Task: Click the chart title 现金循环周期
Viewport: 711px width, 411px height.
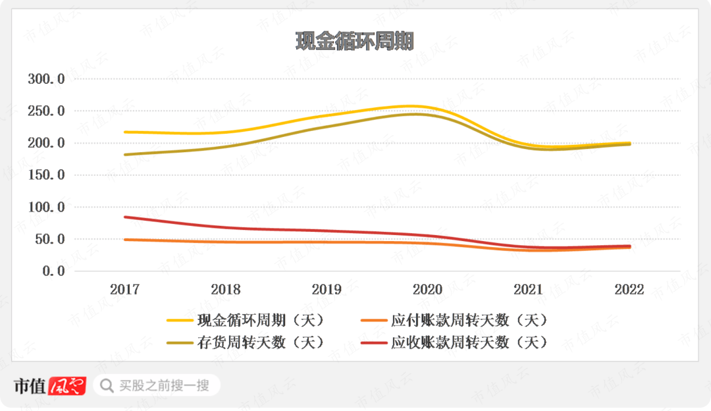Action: pyautogui.click(x=354, y=41)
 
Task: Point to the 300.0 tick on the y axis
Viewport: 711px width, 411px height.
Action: pyautogui.click(x=46, y=79)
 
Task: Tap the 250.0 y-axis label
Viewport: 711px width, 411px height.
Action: pyautogui.click(x=46, y=111)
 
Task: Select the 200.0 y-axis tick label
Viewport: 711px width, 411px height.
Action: pyautogui.click(x=46, y=143)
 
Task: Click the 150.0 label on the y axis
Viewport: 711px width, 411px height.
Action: pyautogui.click(x=46, y=175)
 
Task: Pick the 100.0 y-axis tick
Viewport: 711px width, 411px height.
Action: pyautogui.click(x=46, y=207)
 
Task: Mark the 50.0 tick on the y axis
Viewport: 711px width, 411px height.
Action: pyautogui.click(x=49, y=239)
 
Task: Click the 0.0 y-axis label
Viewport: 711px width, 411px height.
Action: pyautogui.click(x=53, y=271)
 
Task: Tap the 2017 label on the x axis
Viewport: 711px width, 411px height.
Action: pyautogui.click(x=124, y=289)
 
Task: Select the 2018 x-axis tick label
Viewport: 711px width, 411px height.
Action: pyautogui.click(x=225, y=289)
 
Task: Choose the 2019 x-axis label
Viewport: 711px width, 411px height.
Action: pyautogui.click(x=327, y=289)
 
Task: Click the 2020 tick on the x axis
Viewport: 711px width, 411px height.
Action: pyautogui.click(x=427, y=289)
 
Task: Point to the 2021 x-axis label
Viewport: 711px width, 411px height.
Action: pyautogui.click(x=528, y=289)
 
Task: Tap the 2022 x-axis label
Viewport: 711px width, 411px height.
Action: pyautogui.click(x=629, y=289)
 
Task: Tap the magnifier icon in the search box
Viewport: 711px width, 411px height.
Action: pyautogui.click(x=105, y=385)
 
